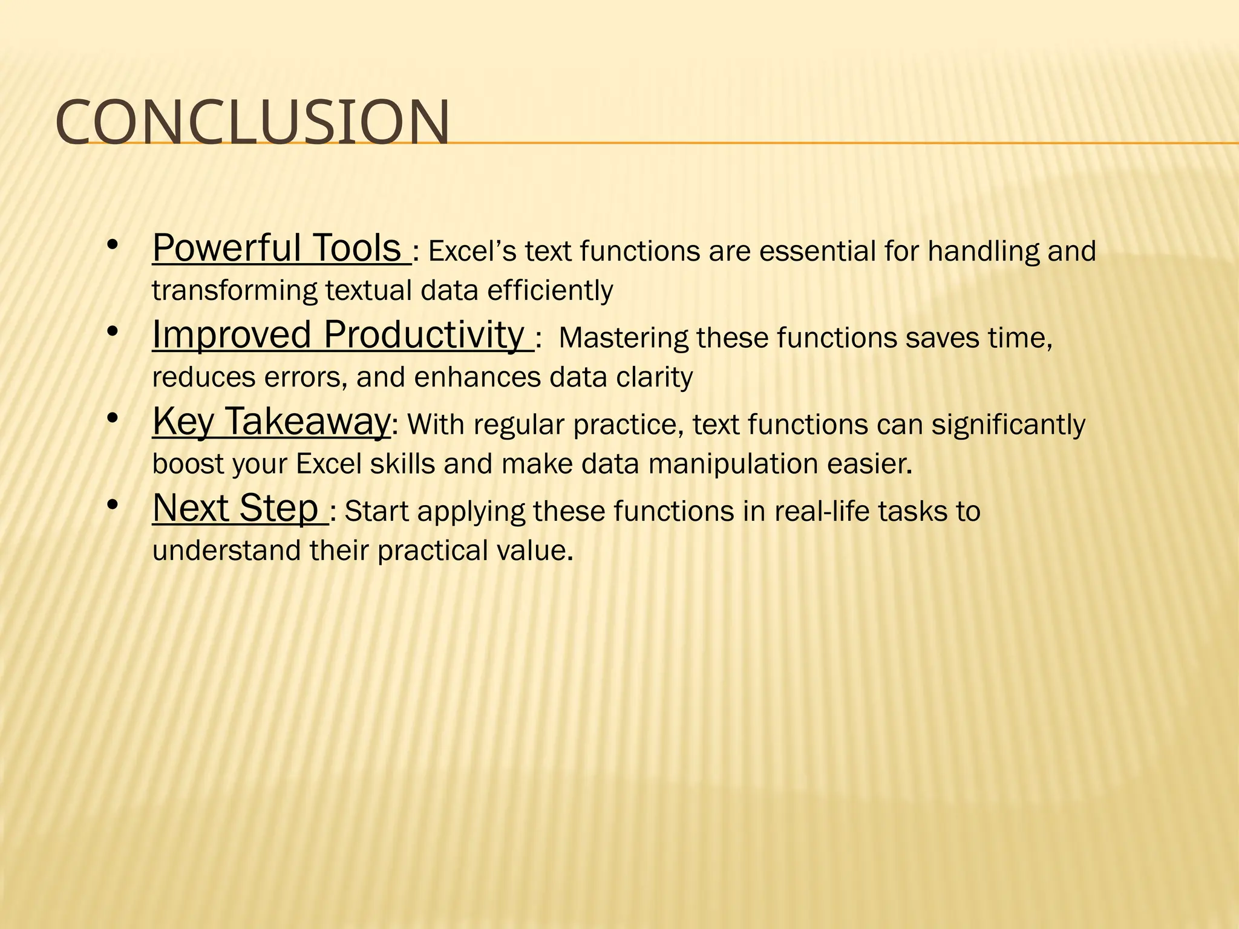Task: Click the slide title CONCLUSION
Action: (252, 123)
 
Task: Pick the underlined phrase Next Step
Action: (235, 508)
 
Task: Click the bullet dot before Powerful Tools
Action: (112, 246)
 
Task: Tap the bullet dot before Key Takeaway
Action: (112, 419)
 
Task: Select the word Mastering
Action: (624, 338)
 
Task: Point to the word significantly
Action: (1008, 425)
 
